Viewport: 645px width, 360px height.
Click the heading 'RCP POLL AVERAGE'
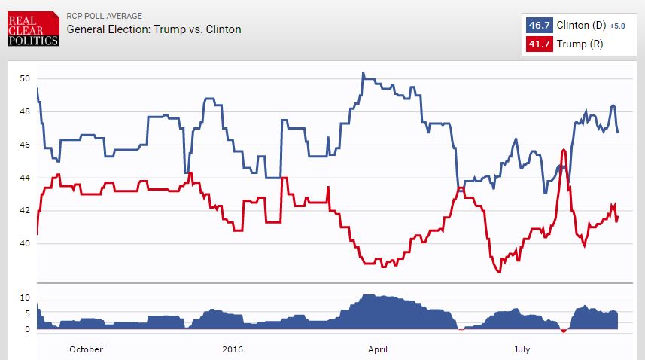104,16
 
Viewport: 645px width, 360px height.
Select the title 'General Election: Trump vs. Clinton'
154,29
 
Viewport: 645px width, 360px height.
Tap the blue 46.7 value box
539,26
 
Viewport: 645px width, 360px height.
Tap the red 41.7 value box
539,44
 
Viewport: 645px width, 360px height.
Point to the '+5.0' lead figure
618,26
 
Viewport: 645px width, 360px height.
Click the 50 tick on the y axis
25,78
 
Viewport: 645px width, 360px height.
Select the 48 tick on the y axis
25,111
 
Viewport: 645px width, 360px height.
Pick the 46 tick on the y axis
25,145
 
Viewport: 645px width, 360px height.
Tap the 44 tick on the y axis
25,178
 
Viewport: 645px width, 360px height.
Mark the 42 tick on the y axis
25,210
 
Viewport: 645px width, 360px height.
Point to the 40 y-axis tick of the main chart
25,243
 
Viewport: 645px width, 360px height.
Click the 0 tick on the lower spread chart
27,329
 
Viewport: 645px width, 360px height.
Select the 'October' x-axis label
86,349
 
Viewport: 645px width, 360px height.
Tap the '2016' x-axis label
233,349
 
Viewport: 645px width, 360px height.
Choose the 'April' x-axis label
378,349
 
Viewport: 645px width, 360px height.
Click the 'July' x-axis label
522,349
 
